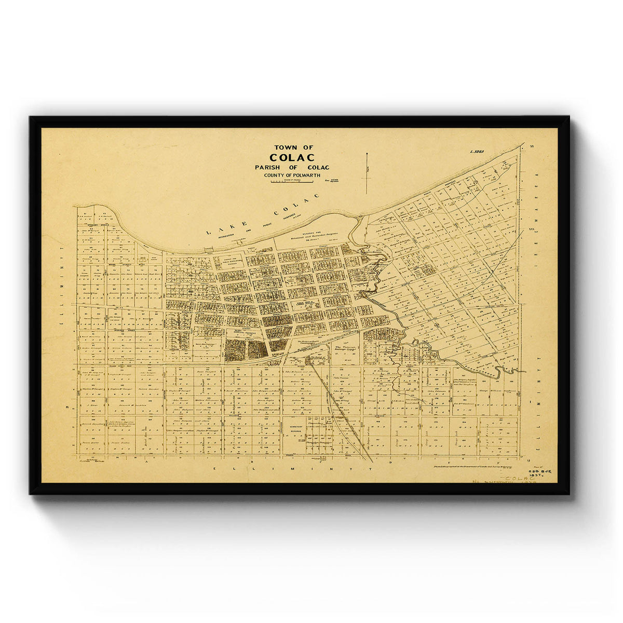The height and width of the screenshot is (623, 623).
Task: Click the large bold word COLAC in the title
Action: click(292, 157)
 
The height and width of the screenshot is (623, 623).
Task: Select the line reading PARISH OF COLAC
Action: click(292, 167)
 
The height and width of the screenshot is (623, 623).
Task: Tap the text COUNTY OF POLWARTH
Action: click(292, 175)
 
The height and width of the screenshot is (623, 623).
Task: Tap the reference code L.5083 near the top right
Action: click(477, 152)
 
